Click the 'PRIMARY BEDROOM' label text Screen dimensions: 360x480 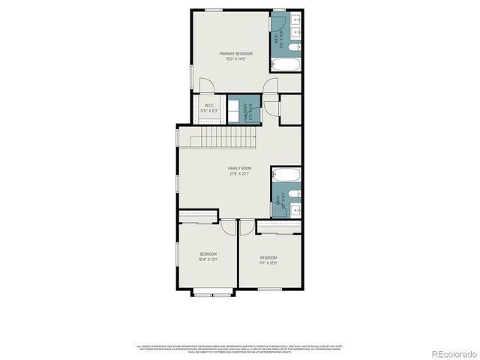click(x=235, y=53)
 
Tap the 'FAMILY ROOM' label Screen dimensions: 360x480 click(x=239, y=168)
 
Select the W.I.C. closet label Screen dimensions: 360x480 click(x=209, y=105)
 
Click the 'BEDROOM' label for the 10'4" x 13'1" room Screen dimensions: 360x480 click(x=208, y=253)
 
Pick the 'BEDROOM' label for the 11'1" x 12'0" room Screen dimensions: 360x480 click(x=268, y=257)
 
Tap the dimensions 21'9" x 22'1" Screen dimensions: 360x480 click(x=239, y=174)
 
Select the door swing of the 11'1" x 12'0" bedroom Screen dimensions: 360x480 click(x=247, y=226)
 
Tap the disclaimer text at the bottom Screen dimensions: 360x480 click(x=239, y=348)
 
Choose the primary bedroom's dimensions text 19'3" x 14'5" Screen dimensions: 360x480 click(x=235, y=59)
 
